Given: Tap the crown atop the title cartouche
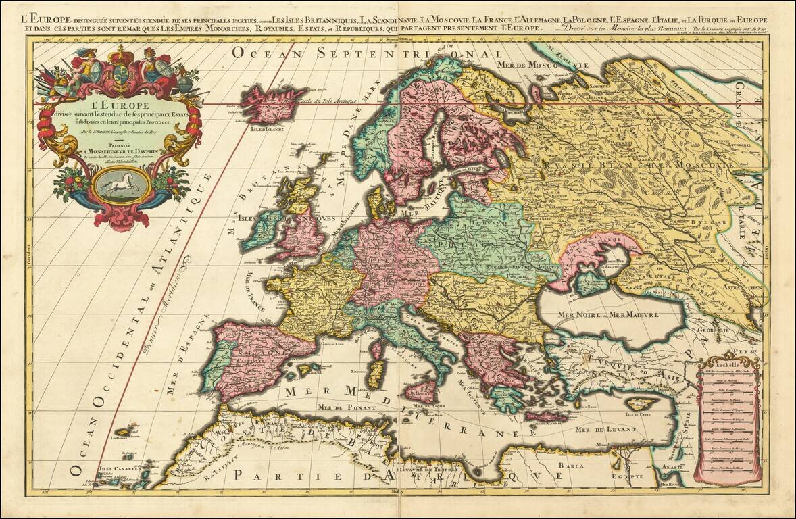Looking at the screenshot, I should pyautogui.click(x=122, y=54).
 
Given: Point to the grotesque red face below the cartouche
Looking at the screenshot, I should pyautogui.click(x=122, y=218).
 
